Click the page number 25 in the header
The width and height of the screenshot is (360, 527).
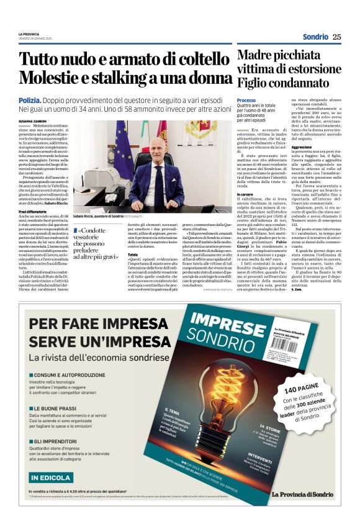(x=337, y=37)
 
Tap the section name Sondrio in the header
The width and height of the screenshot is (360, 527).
(x=315, y=37)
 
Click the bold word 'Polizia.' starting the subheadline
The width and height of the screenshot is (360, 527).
(x=30, y=99)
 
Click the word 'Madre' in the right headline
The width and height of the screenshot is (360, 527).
(x=255, y=56)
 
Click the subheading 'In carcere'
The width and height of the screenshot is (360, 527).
(x=246, y=193)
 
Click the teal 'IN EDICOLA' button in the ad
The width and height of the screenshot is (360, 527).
(x=50, y=477)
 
